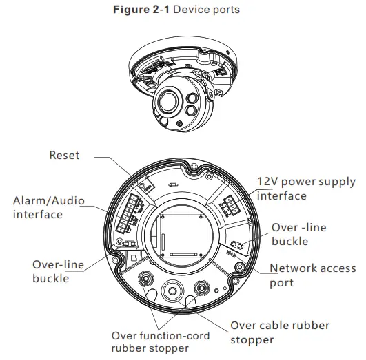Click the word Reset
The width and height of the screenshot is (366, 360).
pyautogui.click(x=64, y=156)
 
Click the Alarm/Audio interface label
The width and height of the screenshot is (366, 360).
pyautogui.click(x=48, y=208)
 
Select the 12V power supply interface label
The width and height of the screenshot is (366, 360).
pyautogui.click(x=306, y=189)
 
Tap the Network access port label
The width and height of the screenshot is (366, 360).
pyautogui.click(x=312, y=275)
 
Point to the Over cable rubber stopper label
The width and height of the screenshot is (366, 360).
pyautogui.click(x=279, y=332)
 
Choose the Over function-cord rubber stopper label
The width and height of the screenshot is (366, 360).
pyautogui.click(x=150, y=341)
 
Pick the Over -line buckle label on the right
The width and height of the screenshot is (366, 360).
pyautogui.click(x=298, y=234)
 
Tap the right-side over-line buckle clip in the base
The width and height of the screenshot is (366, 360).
pyautogui.click(x=236, y=246)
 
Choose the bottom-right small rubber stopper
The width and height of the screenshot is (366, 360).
pyautogui.click(x=203, y=286)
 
